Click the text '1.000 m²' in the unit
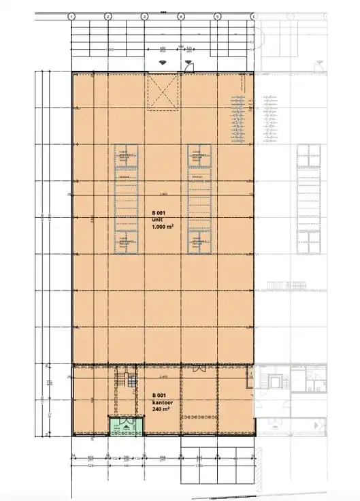coord(161,228)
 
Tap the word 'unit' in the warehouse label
coord(157,221)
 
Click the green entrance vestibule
coord(124,426)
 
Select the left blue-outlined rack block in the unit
coord(124,200)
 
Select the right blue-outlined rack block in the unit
coord(200,200)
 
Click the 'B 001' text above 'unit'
coord(159,213)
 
